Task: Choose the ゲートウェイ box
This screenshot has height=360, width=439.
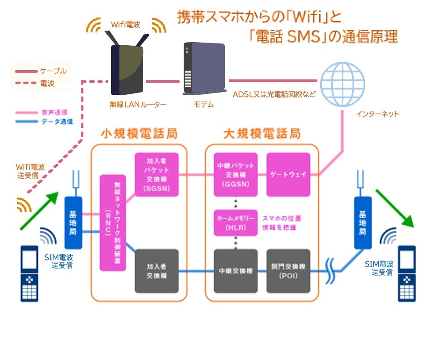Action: (x=288, y=174)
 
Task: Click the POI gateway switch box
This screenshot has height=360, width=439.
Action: (x=288, y=271)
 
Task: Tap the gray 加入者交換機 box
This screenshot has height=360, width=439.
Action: (x=157, y=271)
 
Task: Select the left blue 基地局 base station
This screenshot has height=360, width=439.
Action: (x=73, y=222)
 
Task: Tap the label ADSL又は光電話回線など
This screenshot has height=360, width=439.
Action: (x=274, y=94)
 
